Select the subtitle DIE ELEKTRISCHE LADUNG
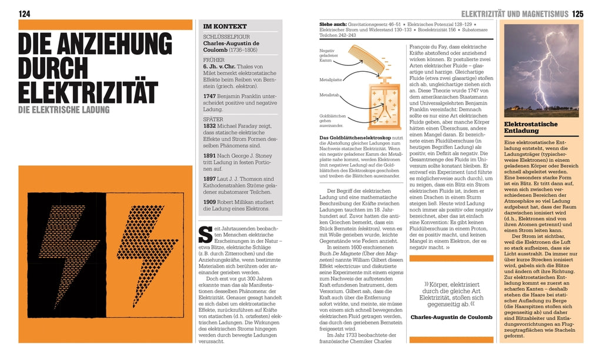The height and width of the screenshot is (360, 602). click(x=63, y=109)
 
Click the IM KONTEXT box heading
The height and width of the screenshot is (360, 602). click(x=225, y=26)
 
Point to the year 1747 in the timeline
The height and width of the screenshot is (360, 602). click(x=210, y=95)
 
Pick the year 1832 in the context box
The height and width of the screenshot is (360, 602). click(x=210, y=126)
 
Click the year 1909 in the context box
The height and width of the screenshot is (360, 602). click(x=210, y=202)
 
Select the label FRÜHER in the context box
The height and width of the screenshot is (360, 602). click(x=214, y=60)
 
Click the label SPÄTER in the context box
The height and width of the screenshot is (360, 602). click(x=214, y=118)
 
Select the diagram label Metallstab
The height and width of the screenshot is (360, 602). click(x=328, y=95)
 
